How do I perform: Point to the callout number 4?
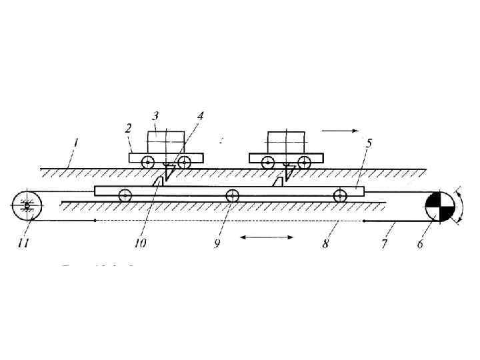click(200, 115)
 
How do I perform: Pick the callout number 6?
click(419, 245)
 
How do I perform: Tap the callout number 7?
click(384, 245)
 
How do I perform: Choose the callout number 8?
click(325, 245)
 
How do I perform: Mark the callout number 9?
click(217, 245)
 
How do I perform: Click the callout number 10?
click(140, 245)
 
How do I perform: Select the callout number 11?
click(23, 245)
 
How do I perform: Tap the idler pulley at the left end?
click(27, 205)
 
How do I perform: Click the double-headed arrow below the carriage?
click(266, 236)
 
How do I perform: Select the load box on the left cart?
click(165, 142)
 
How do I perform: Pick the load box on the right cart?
click(285, 142)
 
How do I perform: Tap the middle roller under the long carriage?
click(232, 195)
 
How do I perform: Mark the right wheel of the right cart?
click(304, 162)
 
